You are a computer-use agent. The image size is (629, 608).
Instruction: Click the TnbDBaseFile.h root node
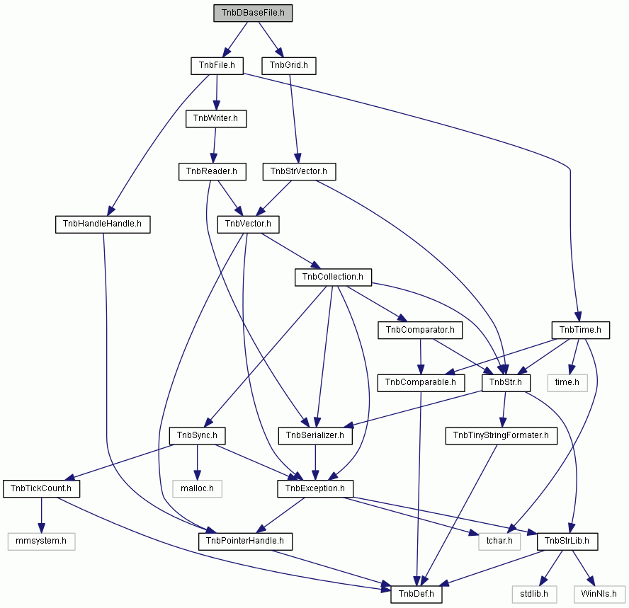tap(253, 13)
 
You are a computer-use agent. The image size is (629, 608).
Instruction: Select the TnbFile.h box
tap(217, 66)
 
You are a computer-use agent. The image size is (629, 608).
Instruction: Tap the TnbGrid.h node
tap(289, 66)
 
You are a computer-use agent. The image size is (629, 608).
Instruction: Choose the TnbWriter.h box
tap(216, 119)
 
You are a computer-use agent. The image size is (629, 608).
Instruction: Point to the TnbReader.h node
tap(212, 171)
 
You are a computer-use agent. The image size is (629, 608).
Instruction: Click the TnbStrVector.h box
tap(299, 171)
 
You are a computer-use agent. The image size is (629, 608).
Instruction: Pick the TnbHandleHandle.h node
tap(103, 224)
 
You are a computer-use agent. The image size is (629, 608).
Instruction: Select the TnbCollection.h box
tap(333, 277)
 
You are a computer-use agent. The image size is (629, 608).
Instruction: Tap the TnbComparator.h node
tap(420, 330)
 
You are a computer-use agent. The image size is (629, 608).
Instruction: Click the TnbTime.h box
tap(580, 330)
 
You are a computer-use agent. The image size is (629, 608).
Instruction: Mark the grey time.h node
tap(567, 383)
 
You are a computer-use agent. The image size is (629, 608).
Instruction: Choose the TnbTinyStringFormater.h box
tap(501, 436)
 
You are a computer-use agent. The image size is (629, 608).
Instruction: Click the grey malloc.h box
tap(197, 488)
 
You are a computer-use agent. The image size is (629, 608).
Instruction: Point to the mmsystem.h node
tap(41, 541)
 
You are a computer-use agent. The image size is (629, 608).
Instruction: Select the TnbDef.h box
tap(416, 594)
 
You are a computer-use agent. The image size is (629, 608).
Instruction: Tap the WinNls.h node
tap(599, 594)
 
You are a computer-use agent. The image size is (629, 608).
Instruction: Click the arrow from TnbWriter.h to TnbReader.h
tap(214, 146)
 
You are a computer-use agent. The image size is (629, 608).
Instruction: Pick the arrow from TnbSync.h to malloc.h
tap(197, 462)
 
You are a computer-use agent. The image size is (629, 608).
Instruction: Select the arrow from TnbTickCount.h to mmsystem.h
tap(41, 515)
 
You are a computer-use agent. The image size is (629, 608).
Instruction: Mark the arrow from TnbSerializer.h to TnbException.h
tap(315, 462)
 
